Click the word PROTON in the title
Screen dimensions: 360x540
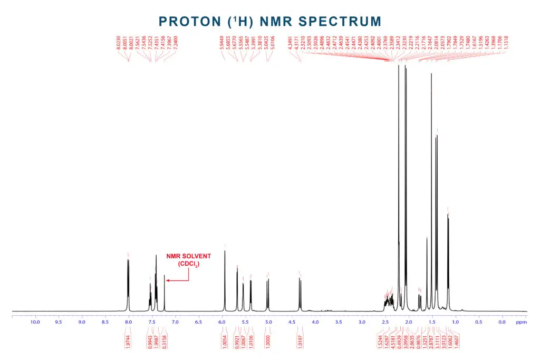(189, 22)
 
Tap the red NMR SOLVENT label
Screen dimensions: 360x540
(188, 256)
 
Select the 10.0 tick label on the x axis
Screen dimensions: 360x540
(35, 322)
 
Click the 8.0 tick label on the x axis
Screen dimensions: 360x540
(128, 322)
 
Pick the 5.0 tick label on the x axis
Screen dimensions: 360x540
(268, 322)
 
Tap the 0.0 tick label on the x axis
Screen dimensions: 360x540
(502, 322)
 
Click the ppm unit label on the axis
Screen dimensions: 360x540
(521, 322)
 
